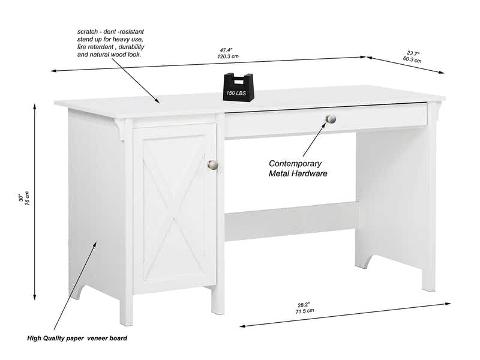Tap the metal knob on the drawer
click(331, 119)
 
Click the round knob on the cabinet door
click(212, 164)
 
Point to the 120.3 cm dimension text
click(227, 56)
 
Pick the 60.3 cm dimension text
click(412, 59)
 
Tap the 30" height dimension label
click(20, 197)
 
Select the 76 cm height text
click(27, 197)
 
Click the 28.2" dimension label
click(304, 304)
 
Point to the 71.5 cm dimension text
click(304, 311)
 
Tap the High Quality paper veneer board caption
click(77, 338)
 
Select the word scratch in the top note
click(89, 31)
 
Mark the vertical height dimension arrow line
click(35, 201)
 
